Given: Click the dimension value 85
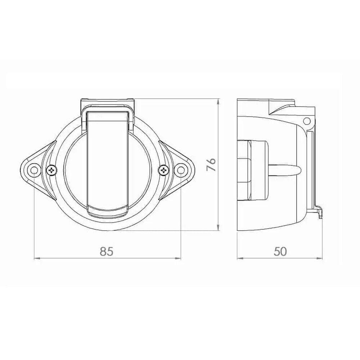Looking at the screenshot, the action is [107, 251].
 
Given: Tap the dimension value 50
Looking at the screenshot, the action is [280, 251].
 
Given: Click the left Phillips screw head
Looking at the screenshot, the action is [51, 170].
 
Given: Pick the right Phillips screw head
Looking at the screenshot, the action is [164, 170].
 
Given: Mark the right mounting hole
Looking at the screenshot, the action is [181, 170].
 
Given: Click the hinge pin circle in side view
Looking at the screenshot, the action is [306, 121].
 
